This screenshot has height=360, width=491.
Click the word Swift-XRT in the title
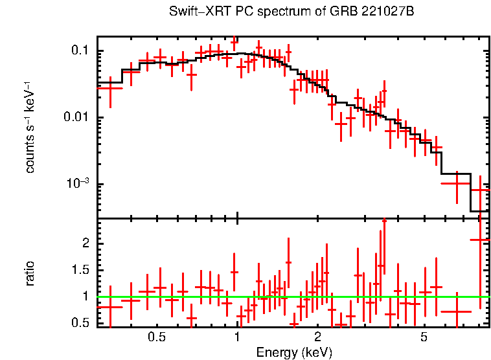pyautogui.click(x=194, y=12)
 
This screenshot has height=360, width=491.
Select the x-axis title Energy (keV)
pyautogui.click(x=294, y=352)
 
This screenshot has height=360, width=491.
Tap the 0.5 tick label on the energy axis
pyautogui.click(x=156, y=337)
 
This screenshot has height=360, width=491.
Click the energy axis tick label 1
pyautogui.click(x=238, y=337)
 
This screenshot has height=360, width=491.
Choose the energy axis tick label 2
pyautogui.click(x=318, y=337)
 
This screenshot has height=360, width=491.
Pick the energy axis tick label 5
pyautogui.click(x=424, y=337)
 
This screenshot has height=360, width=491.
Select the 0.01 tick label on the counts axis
pyautogui.click(x=76, y=118)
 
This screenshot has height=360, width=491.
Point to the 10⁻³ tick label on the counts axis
pyautogui.click(x=77, y=184)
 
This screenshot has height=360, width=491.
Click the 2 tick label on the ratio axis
pyautogui.click(x=84, y=243)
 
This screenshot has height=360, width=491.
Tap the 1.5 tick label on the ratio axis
pyautogui.click(x=79, y=269)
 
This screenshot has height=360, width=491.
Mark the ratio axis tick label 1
pyautogui.click(x=84, y=296)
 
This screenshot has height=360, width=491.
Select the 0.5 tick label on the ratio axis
pyautogui.click(x=79, y=322)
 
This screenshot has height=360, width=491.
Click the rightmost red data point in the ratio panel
pyautogui.click(x=480, y=240)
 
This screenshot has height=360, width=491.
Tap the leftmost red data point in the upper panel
pyautogui.click(x=110, y=87)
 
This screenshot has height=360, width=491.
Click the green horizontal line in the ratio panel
pyautogui.click(x=291, y=297)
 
